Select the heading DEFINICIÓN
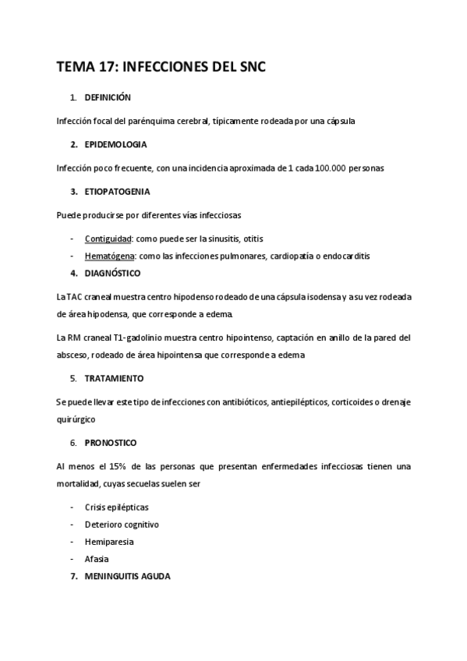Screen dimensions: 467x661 coord(108,97)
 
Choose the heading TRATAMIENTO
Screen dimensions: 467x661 coord(114,378)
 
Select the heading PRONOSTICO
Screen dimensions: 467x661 coord(111,443)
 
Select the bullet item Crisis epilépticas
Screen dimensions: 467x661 coord(117,507)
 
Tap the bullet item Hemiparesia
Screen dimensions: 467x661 coord(109,542)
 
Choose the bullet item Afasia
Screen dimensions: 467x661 coord(97,559)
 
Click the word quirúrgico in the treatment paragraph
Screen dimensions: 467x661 coord(77,419)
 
